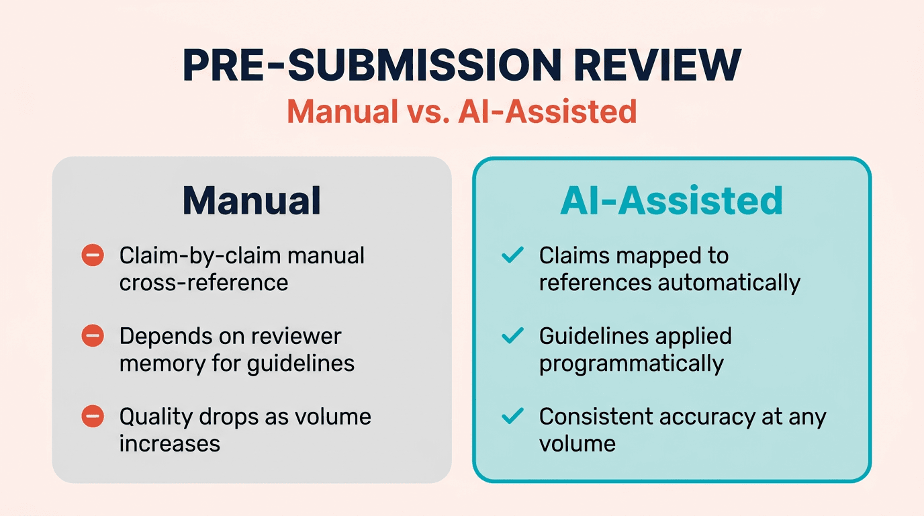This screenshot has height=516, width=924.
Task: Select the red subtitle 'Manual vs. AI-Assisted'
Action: click(462, 112)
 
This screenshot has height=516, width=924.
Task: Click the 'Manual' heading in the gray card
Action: click(251, 200)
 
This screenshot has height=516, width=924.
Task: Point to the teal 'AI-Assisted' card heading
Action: click(672, 200)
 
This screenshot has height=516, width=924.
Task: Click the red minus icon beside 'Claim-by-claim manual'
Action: click(93, 255)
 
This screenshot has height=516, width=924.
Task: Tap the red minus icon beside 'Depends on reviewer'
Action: click(93, 336)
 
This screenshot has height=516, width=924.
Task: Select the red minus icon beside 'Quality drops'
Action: click(93, 417)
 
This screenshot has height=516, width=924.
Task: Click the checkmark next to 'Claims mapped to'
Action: click(513, 255)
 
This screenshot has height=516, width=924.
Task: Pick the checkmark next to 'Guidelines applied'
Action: click(513, 336)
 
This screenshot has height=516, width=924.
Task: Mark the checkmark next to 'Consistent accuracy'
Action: click(513, 417)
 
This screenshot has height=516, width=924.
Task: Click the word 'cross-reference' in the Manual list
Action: click(203, 283)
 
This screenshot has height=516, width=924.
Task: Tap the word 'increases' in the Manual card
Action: click(169, 444)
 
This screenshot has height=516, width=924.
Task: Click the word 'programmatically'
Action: click(631, 363)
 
